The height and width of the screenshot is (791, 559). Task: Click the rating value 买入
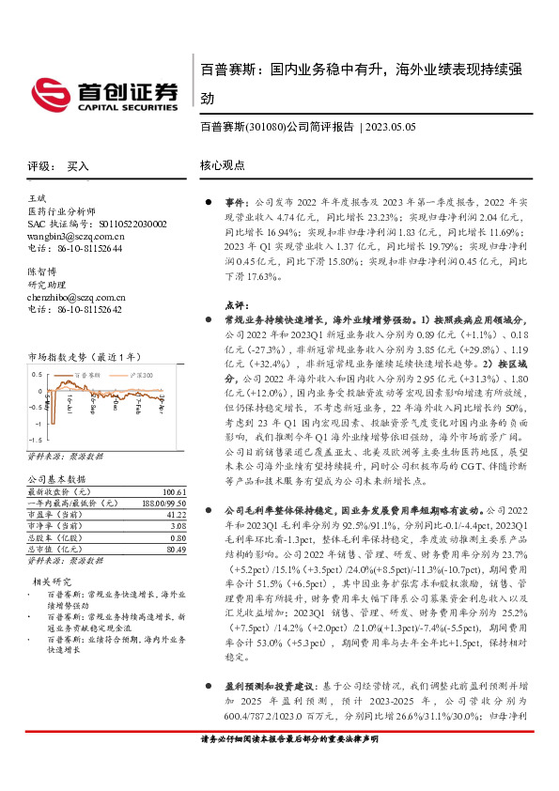(78, 165)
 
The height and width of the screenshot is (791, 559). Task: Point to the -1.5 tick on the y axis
(35, 439)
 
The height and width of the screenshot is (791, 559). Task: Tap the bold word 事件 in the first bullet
(234, 202)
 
